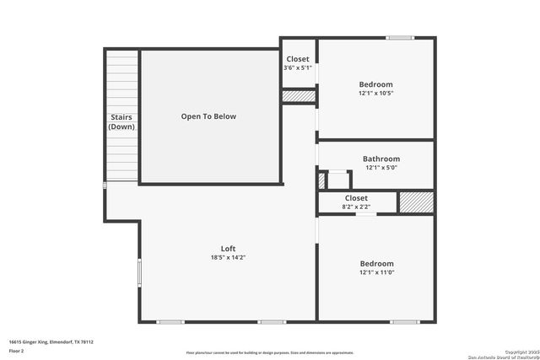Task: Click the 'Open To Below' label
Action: (208, 116)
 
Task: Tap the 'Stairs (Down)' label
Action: (121, 122)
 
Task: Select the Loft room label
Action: (228, 248)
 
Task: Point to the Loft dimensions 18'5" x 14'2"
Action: (228, 258)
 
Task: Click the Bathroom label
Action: (381, 159)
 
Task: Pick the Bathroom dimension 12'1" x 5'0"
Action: (381, 168)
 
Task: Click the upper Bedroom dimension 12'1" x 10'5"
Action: (376, 94)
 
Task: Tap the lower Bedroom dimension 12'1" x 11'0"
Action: (376, 272)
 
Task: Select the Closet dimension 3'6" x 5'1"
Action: (298, 67)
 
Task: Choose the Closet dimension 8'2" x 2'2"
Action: (356, 207)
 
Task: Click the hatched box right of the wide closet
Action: (415, 202)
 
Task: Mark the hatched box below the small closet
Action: (298, 97)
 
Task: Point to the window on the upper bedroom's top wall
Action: (400, 38)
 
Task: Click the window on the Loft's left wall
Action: (139, 273)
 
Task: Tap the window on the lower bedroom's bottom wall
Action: (404, 321)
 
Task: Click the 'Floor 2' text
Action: (17, 350)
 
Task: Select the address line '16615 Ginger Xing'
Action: (51, 341)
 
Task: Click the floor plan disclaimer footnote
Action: (270, 352)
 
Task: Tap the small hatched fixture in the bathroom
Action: (321, 180)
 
